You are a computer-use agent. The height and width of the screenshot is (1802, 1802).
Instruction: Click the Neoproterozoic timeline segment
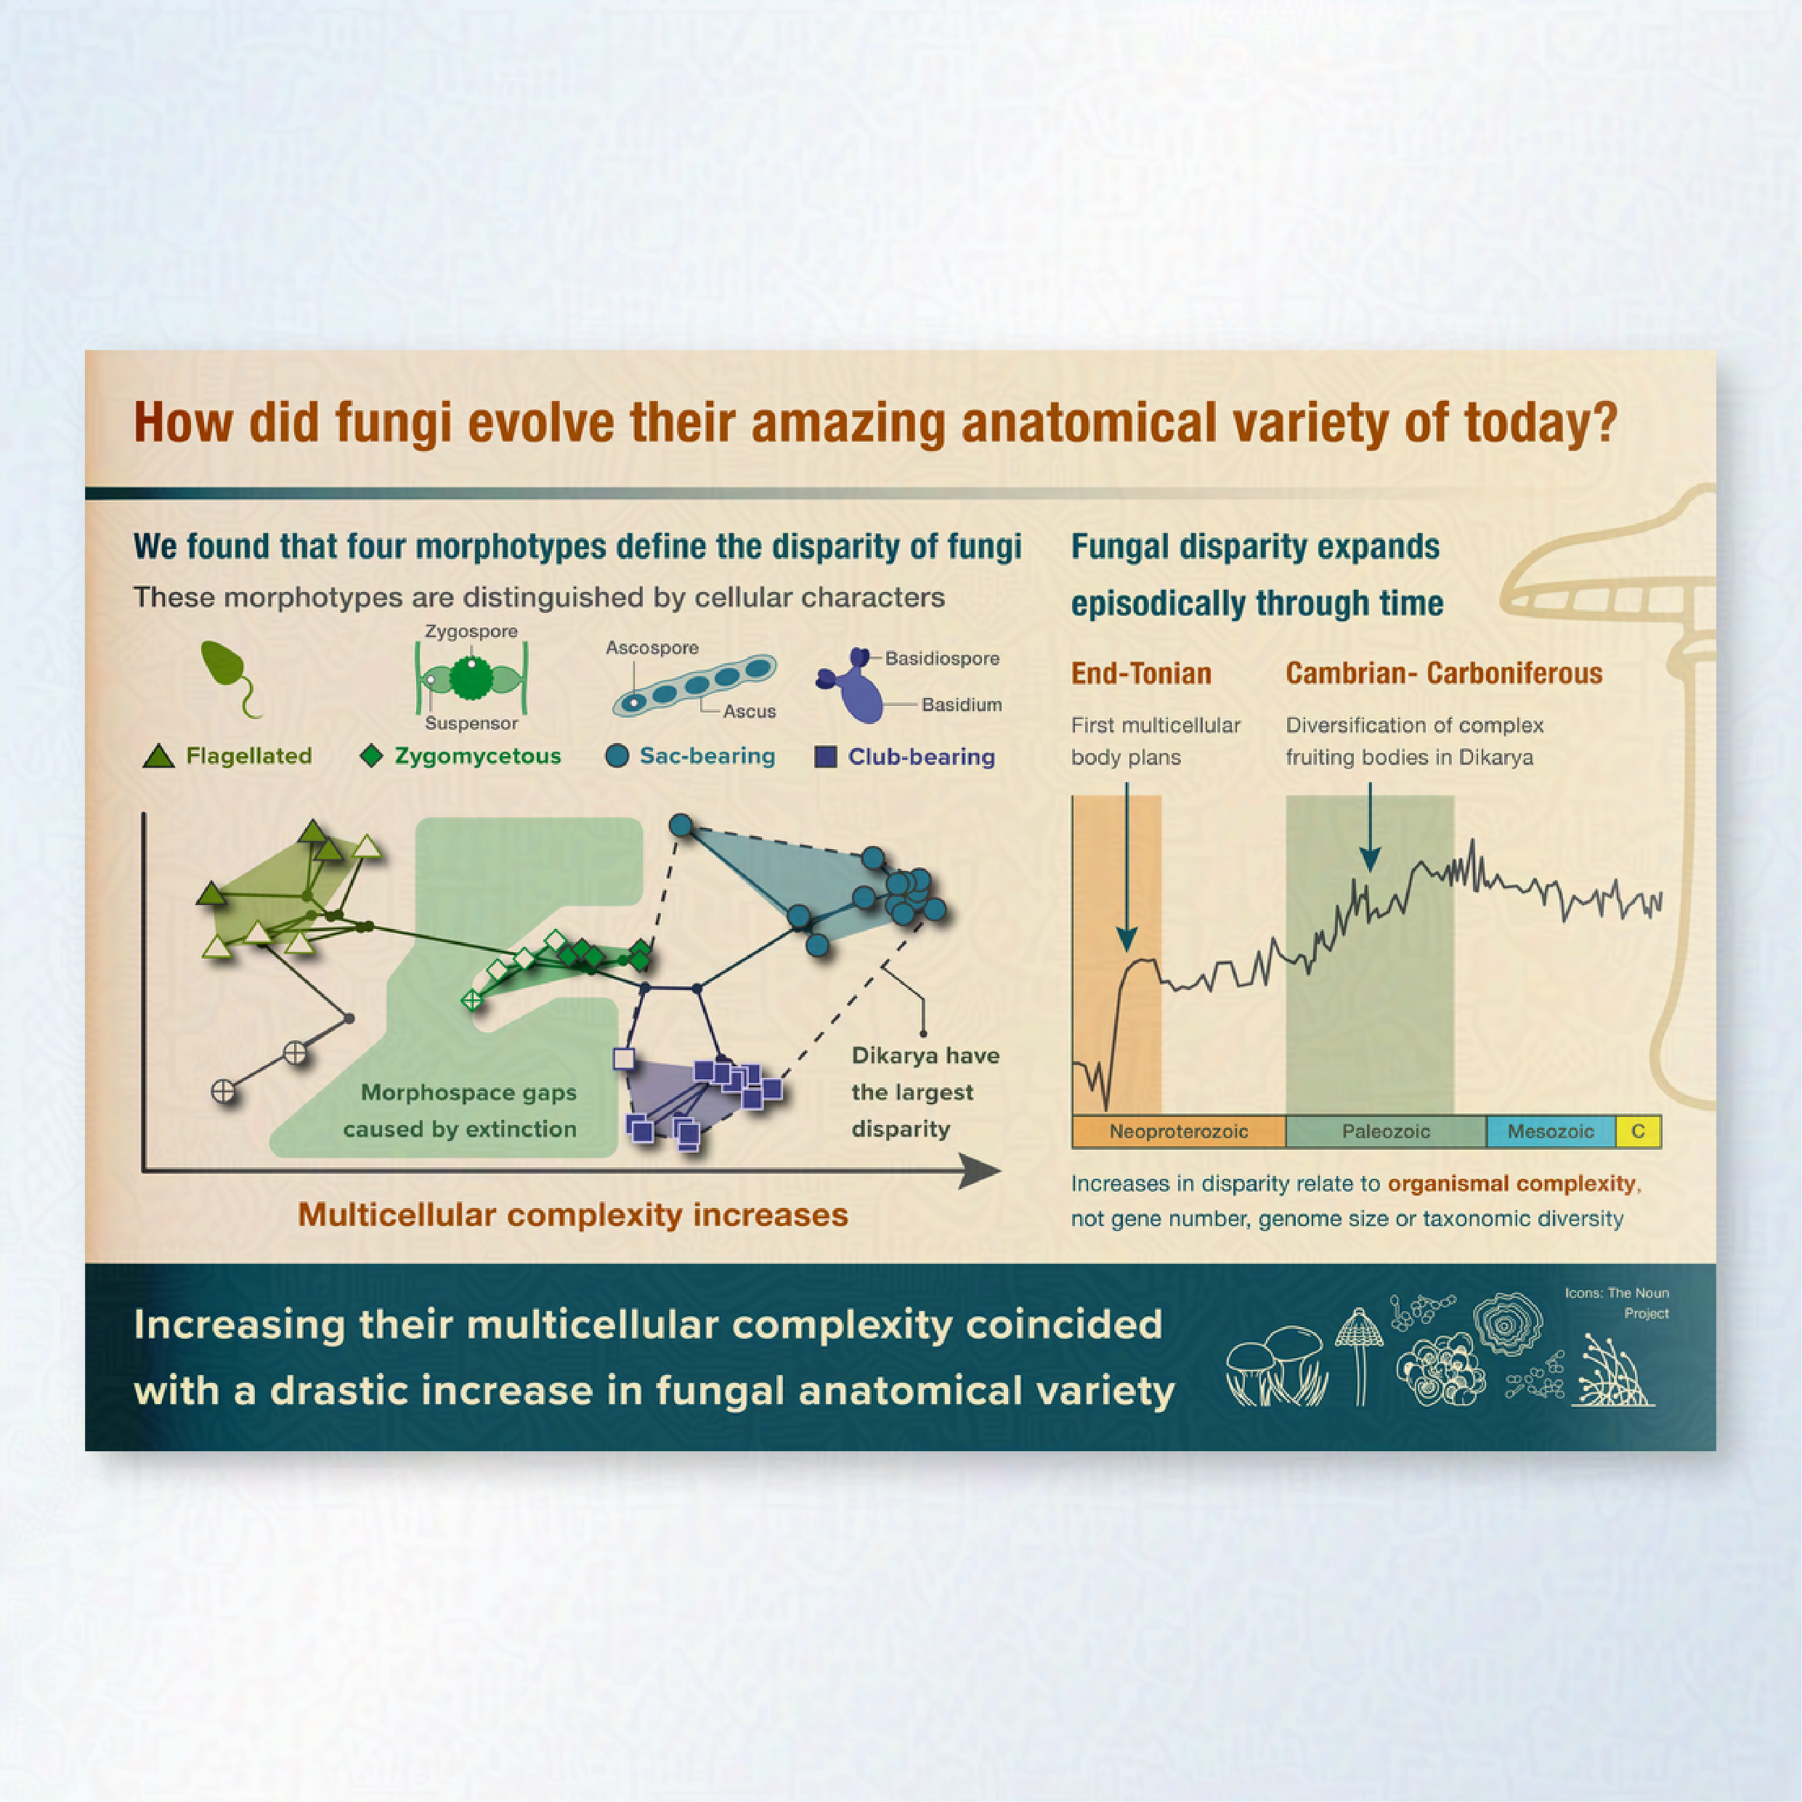click(x=1178, y=1132)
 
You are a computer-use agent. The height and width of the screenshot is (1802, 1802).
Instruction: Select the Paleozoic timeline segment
click(x=1385, y=1132)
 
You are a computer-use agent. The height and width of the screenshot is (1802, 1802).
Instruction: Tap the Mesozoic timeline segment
click(x=1550, y=1132)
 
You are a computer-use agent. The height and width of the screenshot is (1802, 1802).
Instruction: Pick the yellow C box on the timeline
click(x=1638, y=1132)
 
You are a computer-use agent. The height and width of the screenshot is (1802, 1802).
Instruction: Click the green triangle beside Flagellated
click(x=158, y=756)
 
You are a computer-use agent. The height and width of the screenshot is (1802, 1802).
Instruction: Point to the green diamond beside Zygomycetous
click(x=371, y=755)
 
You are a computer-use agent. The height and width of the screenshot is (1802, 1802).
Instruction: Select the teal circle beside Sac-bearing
click(x=617, y=755)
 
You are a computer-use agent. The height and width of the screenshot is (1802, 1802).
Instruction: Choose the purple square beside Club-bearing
click(x=825, y=756)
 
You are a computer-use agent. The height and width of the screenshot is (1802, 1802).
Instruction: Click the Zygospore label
click(x=471, y=631)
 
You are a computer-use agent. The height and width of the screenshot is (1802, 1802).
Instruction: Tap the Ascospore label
click(x=652, y=647)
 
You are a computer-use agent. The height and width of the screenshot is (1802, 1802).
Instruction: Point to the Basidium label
click(x=962, y=705)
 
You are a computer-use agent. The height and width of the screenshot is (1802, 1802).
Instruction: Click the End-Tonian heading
click(x=1141, y=673)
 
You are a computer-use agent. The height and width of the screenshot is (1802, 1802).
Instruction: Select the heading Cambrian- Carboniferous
click(x=1443, y=673)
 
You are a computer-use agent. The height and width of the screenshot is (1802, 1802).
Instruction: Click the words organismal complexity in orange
click(x=1511, y=1184)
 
